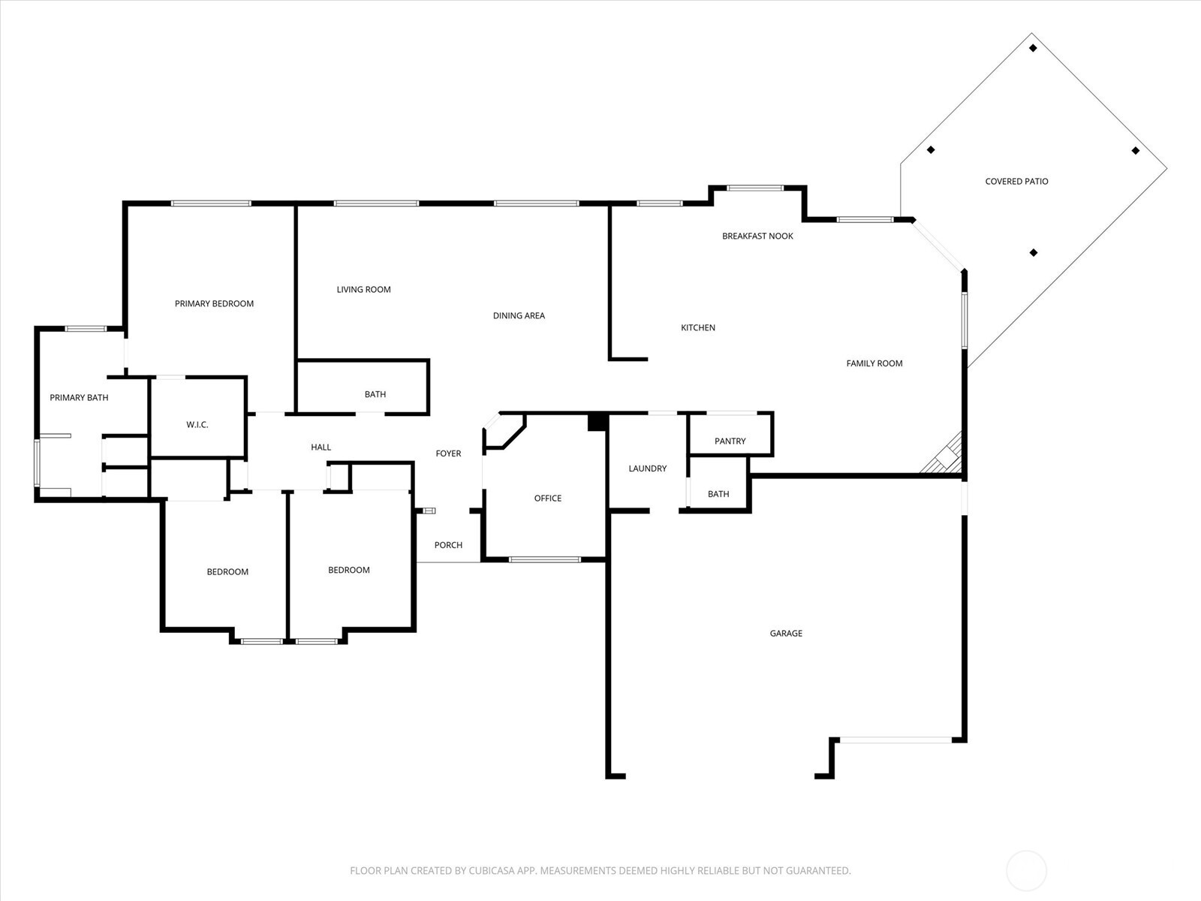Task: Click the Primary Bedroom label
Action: [x=214, y=303]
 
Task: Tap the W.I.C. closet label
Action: [x=197, y=425]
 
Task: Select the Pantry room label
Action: [x=730, y=441]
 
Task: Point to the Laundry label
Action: [x=647, y=469]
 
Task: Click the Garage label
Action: [x=786, y=633]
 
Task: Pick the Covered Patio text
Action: [x=1016, y=181]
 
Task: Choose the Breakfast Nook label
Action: [x=757, y=236]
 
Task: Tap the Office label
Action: [x=547, y=498]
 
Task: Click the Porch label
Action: [x=448, y=545]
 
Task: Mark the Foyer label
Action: [x=448, y=454]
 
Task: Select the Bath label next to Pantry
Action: [x=718, y=494]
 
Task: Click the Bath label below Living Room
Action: [x=375, y=394]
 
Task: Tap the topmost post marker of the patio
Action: [x=1033, y=48]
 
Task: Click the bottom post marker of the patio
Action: [x=1034, y=253]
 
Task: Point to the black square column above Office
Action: [x=596, y=422]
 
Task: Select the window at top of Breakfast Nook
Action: [x=755, y=188]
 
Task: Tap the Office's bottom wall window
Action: [x=545, y=559]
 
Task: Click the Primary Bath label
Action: [x=79, y=397]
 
